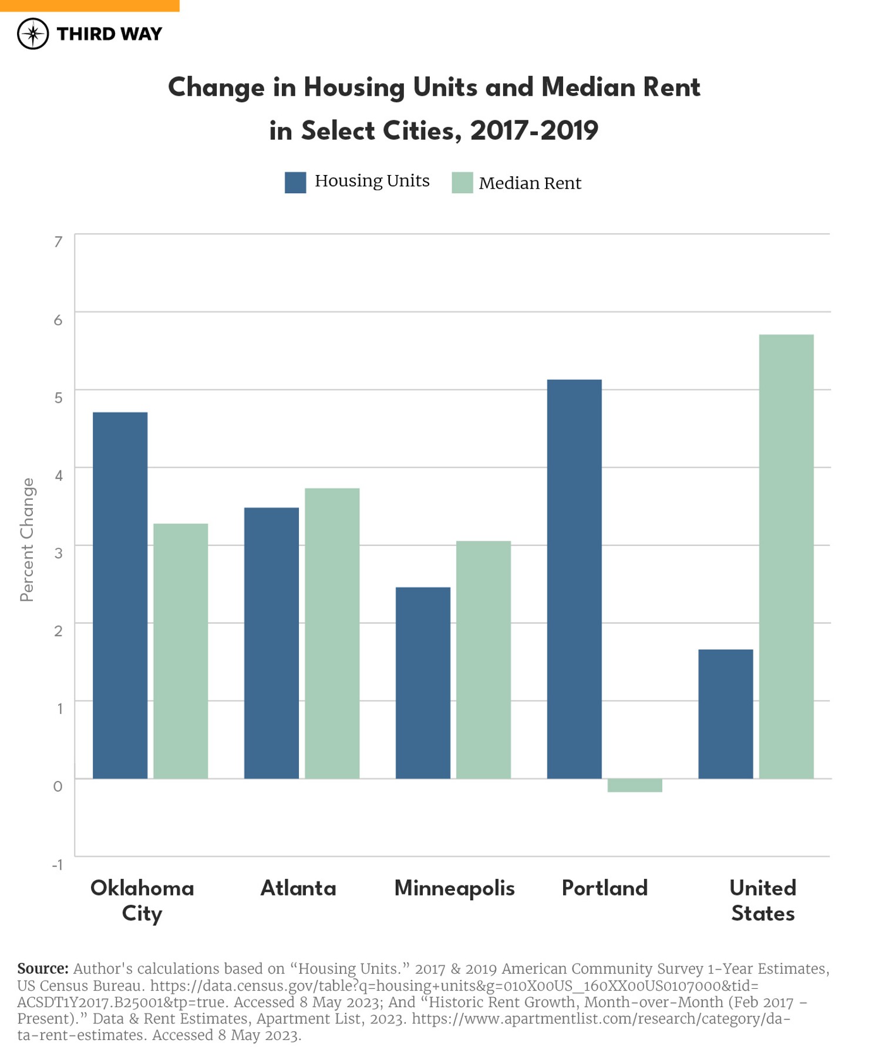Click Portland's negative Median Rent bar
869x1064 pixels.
(635, 785)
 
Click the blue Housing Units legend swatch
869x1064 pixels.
(295, 183)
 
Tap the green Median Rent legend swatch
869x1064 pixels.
(462, 183)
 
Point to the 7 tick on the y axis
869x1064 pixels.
(58, 242)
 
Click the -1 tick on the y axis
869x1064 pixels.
(57, 864)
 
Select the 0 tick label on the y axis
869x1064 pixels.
(58, 786)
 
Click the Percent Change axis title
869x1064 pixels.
(27, 540)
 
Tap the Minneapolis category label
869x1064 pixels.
(454, 888)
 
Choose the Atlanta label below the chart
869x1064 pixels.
(298, 888)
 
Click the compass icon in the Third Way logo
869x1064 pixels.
(33, 33)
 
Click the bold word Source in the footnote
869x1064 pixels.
(42, 968)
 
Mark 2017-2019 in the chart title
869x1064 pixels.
(534, 130)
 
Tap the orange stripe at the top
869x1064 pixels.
(89, 5)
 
